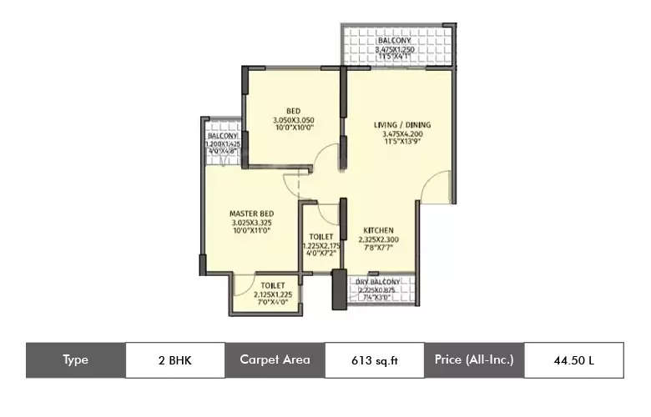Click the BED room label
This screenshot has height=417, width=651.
(x=293, y=111)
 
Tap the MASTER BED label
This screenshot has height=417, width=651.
(x=252, y=214)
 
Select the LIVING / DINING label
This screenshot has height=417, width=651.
(x=401, y=125)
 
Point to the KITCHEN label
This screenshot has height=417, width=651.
(x=378, y=230)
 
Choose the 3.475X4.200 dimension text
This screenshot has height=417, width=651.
(x=401, y=134)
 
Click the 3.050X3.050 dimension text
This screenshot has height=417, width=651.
(x=293, y=120)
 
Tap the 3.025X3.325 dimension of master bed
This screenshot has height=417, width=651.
(x=252, y=223)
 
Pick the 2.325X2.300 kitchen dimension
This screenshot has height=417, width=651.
(x=378, y=239)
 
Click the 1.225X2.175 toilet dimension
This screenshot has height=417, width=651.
(x=321, y=246)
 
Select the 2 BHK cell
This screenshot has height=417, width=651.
(x=174, y=360)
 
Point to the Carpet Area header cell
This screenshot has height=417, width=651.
(x=275, y=360)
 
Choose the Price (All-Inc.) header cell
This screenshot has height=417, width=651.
(x=473, y=360)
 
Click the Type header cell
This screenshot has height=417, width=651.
(x=76, y=360)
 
